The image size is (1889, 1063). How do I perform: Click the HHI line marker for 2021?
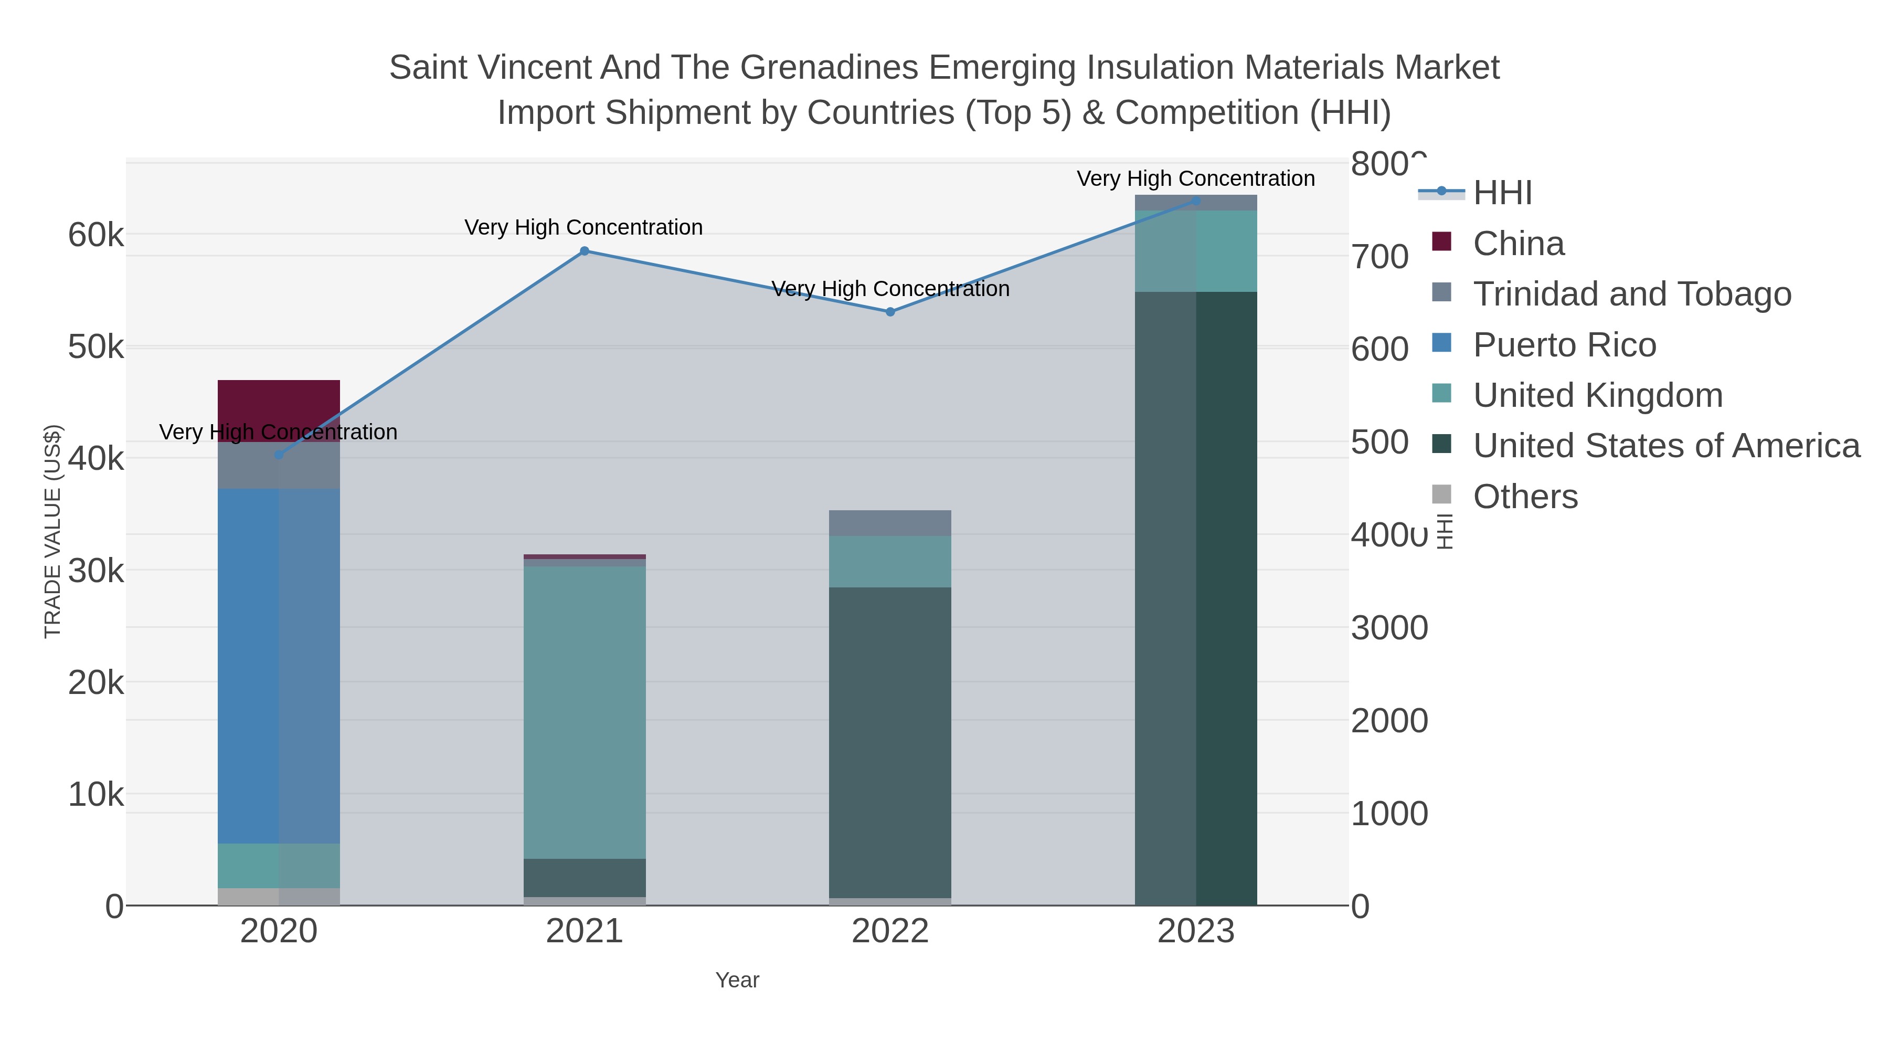coord(585,251)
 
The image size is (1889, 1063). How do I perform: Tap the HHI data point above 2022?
coord(890,312)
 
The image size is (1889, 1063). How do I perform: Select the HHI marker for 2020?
coord(279,455)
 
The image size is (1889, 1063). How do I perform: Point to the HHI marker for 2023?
coord(1196,201)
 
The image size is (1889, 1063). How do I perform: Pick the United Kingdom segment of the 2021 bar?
coord(585,712)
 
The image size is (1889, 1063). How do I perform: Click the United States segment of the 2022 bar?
coord(890,741)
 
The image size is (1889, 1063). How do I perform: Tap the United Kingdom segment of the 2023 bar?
coord(1196,251)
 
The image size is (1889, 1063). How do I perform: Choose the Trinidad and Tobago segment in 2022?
coord(890,523)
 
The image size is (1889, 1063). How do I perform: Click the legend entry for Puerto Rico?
coord(1564,345)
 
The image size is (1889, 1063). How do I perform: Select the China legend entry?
coord(1518,244)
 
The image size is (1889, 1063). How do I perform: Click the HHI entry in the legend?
coord(1502,193)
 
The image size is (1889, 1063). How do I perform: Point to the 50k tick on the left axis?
coord(96,347)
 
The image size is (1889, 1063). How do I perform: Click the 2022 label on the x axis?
coord(890,932)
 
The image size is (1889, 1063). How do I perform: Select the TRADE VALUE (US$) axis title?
coord(53,531)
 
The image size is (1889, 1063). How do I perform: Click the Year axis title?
coord(737,980)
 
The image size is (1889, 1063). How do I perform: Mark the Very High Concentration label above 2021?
coord(583,227)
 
